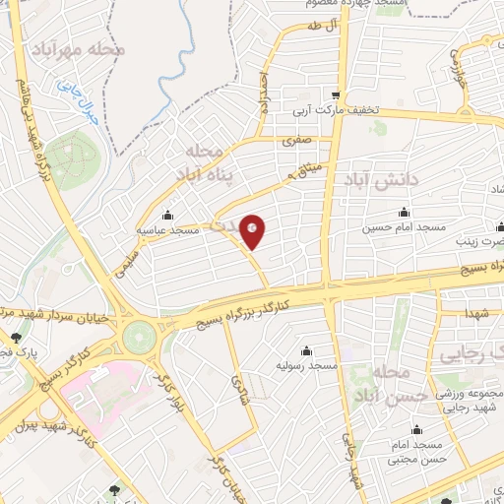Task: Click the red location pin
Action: click(x=253, y=232)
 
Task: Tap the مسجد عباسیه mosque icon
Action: click(x=166, y=216)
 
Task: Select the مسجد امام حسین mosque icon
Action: click(x=404, y=213)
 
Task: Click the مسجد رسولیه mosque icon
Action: click(x=306, y=351)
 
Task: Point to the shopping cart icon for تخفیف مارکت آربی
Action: click(x=338, y=95)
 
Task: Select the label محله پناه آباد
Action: click(x=210, y=161)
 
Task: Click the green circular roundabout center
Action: click(x=141, y=338)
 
